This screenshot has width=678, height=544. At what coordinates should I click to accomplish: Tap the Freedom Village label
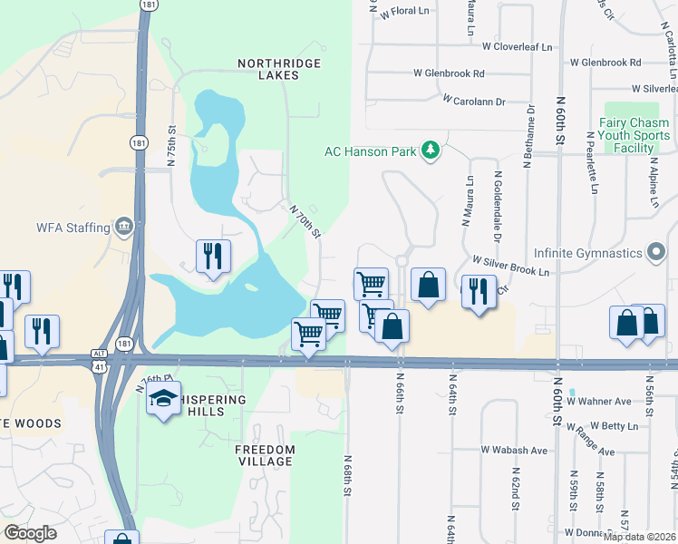(265, 455)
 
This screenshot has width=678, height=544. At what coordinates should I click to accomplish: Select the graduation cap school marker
(163, 400)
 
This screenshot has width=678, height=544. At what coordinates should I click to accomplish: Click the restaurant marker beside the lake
(213, 257)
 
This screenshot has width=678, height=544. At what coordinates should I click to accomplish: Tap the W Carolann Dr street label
(474, 102)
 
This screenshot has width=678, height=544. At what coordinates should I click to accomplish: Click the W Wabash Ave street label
(514, 450)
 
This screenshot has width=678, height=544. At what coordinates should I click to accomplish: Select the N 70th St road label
(305, 221)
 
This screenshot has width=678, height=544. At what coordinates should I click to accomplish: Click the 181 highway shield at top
(146, 5)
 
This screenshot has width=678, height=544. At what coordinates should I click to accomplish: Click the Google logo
(31, 533)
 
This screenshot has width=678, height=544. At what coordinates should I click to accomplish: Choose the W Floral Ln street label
(404, 13)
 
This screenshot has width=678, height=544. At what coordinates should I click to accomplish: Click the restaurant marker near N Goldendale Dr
(477, 292)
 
